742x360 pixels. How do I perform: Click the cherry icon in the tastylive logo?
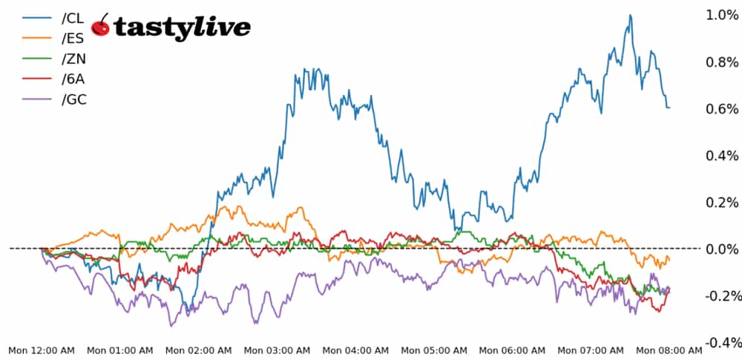click(101, 26)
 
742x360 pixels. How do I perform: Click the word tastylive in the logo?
click(182, 27)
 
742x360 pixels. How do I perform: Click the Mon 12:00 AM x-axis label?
click(42, 350)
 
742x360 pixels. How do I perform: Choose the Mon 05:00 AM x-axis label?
click(434, 350)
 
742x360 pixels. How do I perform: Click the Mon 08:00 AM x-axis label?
click(669, 350)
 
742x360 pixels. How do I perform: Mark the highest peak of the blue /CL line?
click(630, 15)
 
